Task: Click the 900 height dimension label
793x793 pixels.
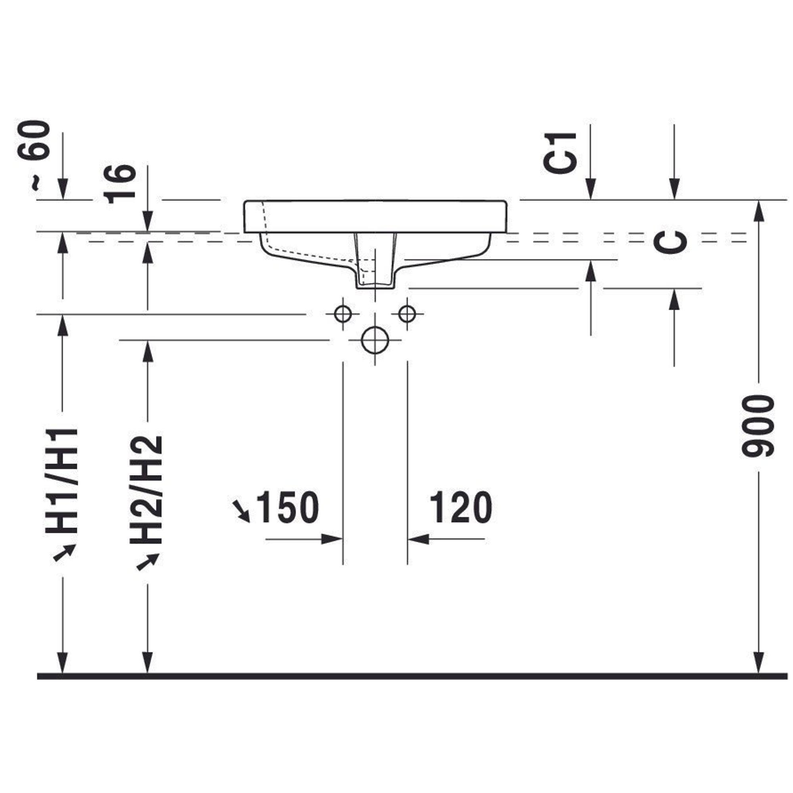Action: coord(758,425)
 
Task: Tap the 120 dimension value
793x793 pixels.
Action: coord(460,508)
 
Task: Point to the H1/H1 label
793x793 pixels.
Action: coord(61,480)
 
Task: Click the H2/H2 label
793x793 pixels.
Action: coord(147,489)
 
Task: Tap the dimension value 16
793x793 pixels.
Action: coord(119,184)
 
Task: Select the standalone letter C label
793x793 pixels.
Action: coord(670,242)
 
